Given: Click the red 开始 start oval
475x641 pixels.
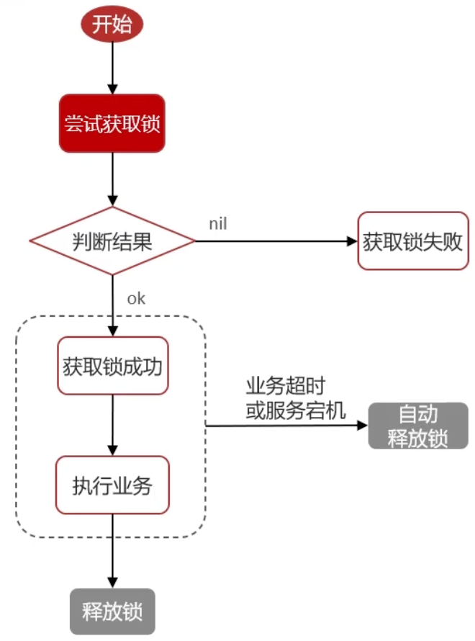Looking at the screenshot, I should [112, 25].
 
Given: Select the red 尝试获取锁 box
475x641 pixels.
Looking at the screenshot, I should [112, 123].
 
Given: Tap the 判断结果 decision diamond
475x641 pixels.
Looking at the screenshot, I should [112, 241].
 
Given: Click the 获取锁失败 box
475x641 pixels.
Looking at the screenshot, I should [412, 241].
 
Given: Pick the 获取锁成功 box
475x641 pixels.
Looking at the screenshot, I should [112, 366].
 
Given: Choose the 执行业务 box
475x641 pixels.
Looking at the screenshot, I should [112, 485].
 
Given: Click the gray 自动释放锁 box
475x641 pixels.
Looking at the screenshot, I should [418, 426].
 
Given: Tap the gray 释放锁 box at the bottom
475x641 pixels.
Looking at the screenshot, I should [112, 613].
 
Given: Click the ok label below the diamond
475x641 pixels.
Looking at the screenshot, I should [136, 298].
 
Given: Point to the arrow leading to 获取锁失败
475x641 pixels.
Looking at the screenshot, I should [273, 241].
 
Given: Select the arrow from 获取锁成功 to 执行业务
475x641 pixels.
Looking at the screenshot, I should [112, 425].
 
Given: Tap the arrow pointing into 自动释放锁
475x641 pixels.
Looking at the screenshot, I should [288, 426].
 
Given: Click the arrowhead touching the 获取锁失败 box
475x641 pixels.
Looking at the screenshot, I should [353, 241].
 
